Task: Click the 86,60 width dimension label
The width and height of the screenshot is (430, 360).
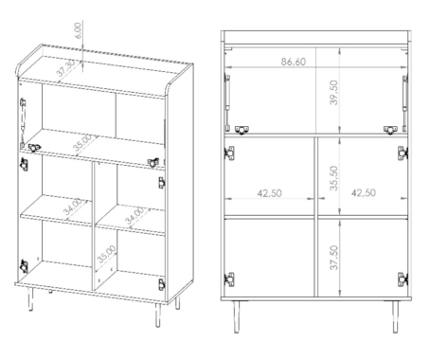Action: pos(294,62)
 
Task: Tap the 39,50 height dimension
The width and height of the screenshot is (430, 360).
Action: pos(333,92)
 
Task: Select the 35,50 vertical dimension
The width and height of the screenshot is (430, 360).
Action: pos(333,178)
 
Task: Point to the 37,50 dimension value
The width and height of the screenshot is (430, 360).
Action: pos(333,258)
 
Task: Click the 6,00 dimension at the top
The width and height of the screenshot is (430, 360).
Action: pos(78,30)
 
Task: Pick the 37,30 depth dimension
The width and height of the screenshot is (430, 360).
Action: pos(66,68)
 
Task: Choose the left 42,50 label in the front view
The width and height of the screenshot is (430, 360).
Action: pos(269,193)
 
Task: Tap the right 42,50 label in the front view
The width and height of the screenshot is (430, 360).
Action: pos(364,192)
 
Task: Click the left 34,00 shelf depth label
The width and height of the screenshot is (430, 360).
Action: pos(73,207)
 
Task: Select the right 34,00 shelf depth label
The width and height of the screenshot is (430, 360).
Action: pos(134,216)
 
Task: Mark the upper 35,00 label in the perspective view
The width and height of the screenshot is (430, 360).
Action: pos(82,143)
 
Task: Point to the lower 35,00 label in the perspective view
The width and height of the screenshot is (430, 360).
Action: pos(107,254)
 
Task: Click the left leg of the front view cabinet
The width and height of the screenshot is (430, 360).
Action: pos(236,316)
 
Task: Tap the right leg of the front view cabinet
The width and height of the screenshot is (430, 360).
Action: pos(395,316)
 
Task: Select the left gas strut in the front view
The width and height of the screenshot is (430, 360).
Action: pos(226,101)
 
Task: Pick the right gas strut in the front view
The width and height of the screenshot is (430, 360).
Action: pos(404,101)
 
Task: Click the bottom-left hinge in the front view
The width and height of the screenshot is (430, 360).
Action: pos(229,279)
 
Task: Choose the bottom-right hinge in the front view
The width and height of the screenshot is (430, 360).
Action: pos(403,279)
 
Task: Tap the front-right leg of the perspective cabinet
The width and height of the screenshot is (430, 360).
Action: pos(158,315)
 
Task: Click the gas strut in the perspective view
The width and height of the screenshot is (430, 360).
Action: pos(23,122)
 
